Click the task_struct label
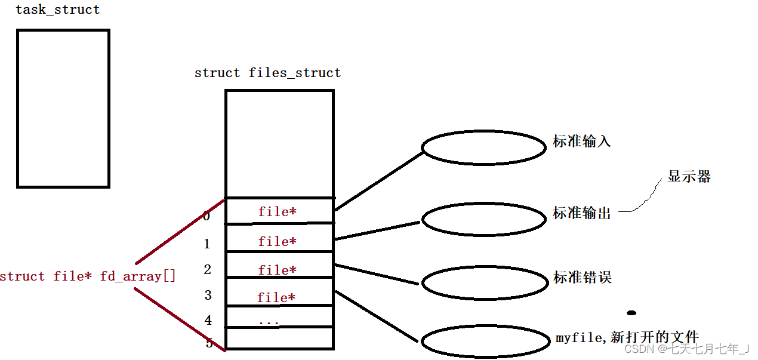pos(57,10)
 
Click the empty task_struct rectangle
pos(63,109)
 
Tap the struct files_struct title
pos(267,73)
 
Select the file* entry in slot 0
pos(277,211)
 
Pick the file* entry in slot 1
pos(277,241)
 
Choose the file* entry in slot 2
pos(277,270)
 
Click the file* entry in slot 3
pos(276,297)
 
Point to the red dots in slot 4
pos(269,322)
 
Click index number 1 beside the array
pos(207,244)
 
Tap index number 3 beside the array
pos(208,295)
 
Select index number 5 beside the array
pos(209,343)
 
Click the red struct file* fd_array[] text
pos(88,276)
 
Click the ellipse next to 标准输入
pos(483,147)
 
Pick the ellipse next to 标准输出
pos(483,219)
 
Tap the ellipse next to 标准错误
pos(483,283)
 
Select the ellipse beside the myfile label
pos(483,342)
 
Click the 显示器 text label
pos(689,177)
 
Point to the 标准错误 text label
pos(582,278)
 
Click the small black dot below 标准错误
pos(631,313)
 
